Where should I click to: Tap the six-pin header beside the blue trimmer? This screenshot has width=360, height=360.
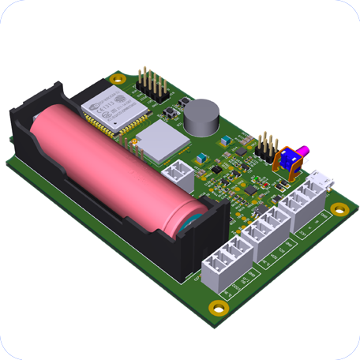coord(267,148)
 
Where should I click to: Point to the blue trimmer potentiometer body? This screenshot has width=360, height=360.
coord(290,161)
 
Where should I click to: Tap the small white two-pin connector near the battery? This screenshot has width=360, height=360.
coord(175,171)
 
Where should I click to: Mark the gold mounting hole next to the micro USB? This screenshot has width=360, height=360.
coord(339,209)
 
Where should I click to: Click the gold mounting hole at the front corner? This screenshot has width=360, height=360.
coord(215,306)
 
